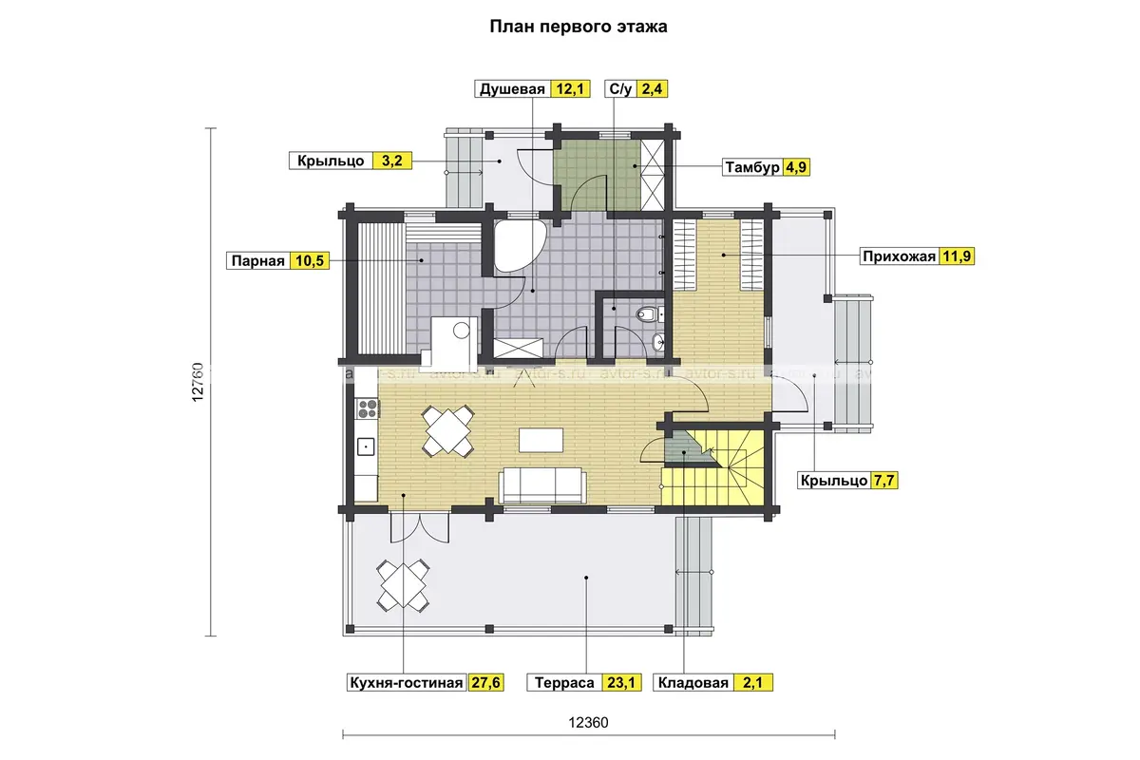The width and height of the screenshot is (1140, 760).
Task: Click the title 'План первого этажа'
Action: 579,27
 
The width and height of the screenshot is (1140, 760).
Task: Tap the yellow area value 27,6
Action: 485,683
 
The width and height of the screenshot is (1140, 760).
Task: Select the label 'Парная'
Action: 258,261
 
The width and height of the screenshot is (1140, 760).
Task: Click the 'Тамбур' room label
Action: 752,167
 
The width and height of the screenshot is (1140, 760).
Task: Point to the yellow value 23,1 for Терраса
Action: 621,683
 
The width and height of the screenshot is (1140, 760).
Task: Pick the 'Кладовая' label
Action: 693,683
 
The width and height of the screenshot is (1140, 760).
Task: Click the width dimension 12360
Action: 588,723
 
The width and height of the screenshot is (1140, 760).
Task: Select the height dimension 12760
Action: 198,382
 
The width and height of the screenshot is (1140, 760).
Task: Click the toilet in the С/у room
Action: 647,313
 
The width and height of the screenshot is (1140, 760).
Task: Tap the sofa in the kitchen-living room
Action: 542,485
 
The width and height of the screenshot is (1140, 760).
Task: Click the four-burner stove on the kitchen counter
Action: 368,408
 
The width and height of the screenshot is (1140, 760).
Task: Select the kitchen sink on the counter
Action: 366,446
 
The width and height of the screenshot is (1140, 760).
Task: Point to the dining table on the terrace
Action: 403,585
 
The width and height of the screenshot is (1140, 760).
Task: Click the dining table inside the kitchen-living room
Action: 447,431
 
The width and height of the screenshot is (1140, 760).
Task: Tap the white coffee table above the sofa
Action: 541,440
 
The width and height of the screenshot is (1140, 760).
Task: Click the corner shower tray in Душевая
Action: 518,246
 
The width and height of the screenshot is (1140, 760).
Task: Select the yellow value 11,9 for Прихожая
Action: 957,256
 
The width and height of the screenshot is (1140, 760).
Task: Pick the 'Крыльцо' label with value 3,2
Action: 331,161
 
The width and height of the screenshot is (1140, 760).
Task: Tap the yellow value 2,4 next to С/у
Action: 652,89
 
